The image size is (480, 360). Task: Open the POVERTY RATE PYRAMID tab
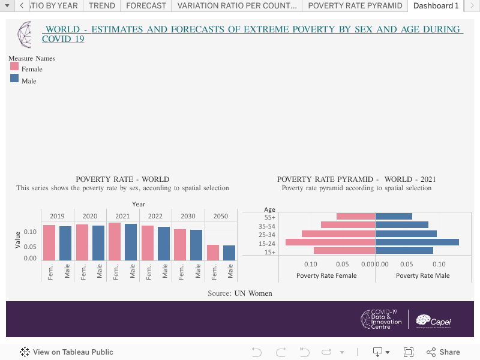pos(355,6)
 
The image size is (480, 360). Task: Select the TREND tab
pos(102,6)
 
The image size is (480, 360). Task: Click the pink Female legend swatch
pos(15,67)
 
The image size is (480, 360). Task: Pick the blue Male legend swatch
pos(15,79)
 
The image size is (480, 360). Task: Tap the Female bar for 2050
pos(213,252)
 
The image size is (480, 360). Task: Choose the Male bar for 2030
pos(196,245)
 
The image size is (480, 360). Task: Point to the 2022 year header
pos(155,216)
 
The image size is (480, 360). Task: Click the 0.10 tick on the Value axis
pos(30,232)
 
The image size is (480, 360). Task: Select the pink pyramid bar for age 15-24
pos(330,242)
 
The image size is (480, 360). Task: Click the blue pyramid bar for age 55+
pos(394,216)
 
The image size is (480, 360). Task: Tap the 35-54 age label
pos(266,226)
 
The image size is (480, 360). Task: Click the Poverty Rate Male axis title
pos(422,275)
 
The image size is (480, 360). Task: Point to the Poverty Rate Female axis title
pos(326,275)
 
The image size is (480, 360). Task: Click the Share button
pos(443,352)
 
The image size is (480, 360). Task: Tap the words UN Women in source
pos(253,293)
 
